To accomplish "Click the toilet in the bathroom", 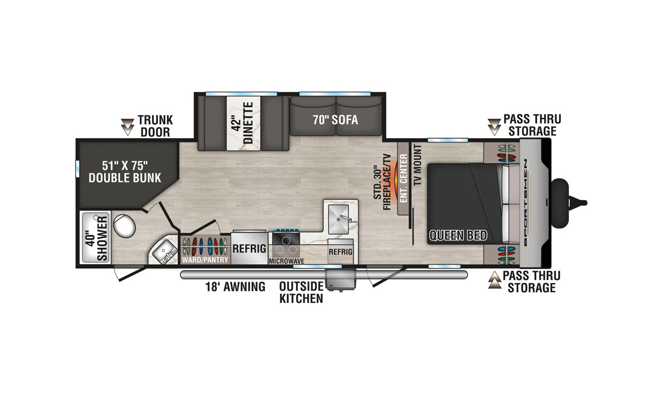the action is (x=124, y=225).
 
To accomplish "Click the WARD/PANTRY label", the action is (x=205, y=260).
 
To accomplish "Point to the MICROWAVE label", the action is (x=286, y=261).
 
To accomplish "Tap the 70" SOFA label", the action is (x=335, y=120).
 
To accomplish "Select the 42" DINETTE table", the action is (x=243, y=123).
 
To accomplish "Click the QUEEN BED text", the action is (x=458, y=236).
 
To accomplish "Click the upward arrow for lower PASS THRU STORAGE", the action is (x=495, y=280).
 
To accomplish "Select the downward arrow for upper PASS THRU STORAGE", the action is (x=494, y=127).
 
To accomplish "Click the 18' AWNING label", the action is (x=235, y=287).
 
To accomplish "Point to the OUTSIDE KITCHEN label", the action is (x=301, y=293).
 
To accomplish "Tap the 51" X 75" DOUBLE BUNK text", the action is (x=125, y=171).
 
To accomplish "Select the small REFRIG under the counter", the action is (x=340, y=251).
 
